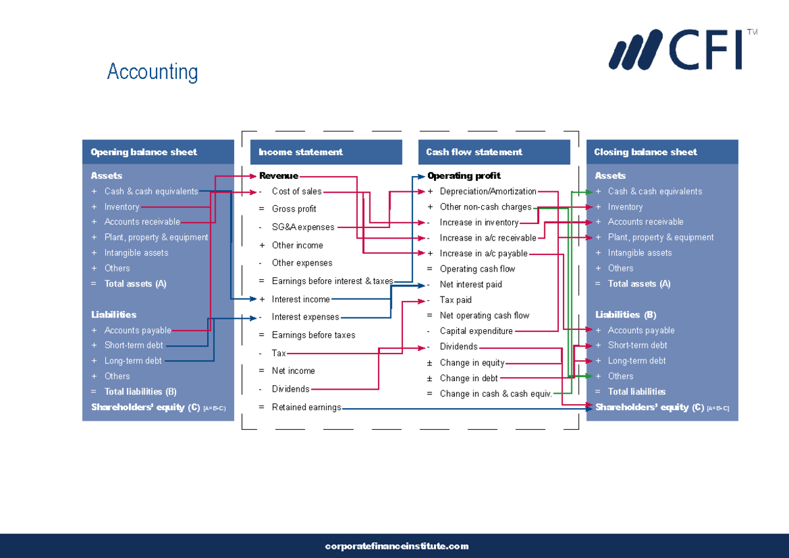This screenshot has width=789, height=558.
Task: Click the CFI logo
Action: point(682,49)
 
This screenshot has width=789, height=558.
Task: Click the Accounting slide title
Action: point(153,72)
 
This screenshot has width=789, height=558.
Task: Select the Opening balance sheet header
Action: point(144,152)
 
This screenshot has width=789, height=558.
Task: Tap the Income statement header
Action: point(300,152)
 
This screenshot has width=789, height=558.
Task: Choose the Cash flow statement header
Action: point(474,152)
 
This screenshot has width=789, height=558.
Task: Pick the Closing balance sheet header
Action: point(645,152)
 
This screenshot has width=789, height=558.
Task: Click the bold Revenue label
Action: point(279,175)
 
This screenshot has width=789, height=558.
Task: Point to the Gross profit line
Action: point(294,209)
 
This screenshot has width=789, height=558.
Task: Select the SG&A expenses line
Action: point(303,227)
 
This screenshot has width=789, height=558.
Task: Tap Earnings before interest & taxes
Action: point(333,281)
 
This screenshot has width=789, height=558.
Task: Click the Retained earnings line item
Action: point(306,407)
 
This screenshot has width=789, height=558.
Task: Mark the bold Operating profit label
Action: point(464,175)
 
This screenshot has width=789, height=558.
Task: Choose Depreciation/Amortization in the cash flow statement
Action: point(488,191)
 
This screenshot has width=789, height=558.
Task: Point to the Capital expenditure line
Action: point(476,331)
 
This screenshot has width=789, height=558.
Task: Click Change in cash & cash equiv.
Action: point(496,394)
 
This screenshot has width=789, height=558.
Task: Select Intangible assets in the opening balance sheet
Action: point(136,253)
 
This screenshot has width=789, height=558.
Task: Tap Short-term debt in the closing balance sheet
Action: point(638,345)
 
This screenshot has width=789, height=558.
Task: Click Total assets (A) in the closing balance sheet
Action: point(639,284)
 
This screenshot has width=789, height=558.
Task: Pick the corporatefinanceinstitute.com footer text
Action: point(396,546)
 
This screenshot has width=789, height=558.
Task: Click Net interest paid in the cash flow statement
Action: point(471,285)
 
